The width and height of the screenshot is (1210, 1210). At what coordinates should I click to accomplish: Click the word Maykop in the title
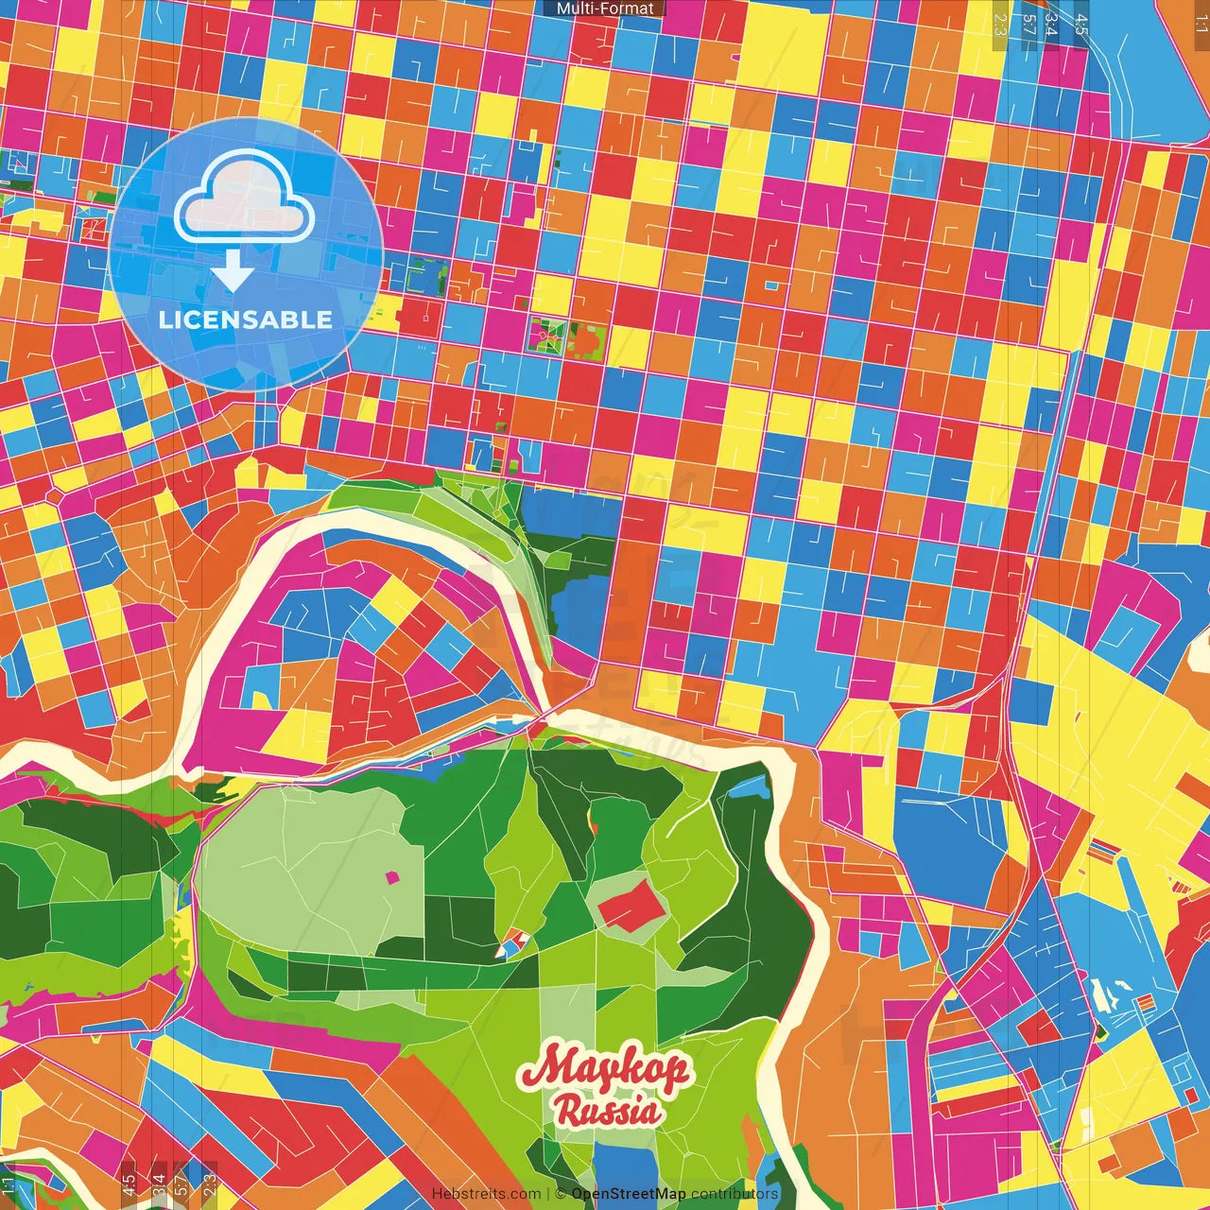(x=605, y=1069)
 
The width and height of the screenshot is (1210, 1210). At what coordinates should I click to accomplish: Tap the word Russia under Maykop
(x=607, y=1111)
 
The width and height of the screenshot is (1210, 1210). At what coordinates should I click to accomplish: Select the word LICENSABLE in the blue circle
(x=246, y=320)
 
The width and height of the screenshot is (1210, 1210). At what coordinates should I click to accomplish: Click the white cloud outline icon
(x=245, y=199)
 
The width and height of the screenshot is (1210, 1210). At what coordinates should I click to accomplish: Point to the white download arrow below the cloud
(x=232, y=271)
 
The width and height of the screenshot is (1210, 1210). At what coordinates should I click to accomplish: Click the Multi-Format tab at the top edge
(x=605, y=9)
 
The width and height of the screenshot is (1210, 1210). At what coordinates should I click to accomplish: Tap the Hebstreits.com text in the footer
(x=486, y=1194)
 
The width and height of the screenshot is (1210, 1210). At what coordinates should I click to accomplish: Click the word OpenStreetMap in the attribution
(x=629, y=1194)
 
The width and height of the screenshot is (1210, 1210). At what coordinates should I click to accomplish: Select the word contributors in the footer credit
(x=735, y=1194)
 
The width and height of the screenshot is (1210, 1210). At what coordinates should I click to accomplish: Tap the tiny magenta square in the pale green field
(x=392, y=877)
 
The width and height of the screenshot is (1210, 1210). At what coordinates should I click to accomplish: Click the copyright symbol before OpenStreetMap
(x=561, y=1194)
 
